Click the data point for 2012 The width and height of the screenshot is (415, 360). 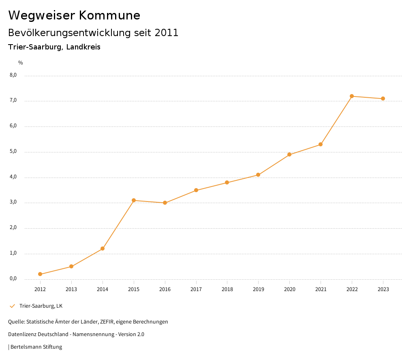[x=40, y=274]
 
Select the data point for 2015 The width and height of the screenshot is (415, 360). [x=134, y=200]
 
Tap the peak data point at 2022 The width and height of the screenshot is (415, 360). [x=352, y=96]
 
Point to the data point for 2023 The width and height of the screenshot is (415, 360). [x=383, y=99]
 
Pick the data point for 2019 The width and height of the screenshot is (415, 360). [x=258, y=175]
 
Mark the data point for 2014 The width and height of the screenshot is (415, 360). [x=103, y=249]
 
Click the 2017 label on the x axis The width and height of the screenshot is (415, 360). [x=196, y=289]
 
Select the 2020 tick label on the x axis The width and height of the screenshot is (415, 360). [x=289, y=289]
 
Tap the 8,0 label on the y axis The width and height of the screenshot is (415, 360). [x=13, y=75]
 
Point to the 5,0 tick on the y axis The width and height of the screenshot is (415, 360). [x=13, y=152]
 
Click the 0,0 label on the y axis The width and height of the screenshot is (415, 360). [x=13, y=279]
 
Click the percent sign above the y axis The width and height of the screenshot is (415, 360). [x=21, y=63]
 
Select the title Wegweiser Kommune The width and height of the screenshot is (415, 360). [x=74, y=15]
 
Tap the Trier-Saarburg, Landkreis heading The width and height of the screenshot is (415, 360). [x=54, y=47]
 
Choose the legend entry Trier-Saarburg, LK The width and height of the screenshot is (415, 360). [x=41, y=306]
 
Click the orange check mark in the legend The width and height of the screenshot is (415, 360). [x=12, y=306]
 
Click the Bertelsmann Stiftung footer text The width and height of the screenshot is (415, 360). [x=36, y=347]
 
